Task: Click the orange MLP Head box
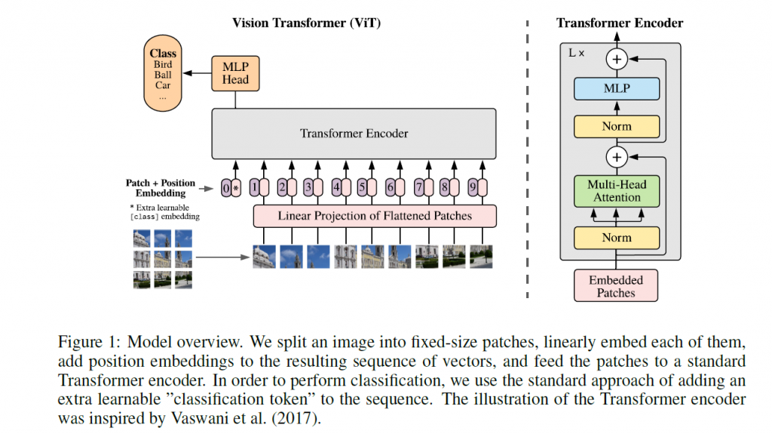tap(235, 73)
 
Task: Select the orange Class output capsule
tap(163, 73)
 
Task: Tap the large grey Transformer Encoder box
tap(354, 134)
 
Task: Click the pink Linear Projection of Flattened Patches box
tap(375, 216)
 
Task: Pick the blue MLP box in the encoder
tap(617, 89)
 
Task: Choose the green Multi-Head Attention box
tap(617, 192)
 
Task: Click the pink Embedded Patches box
tap(616, 285)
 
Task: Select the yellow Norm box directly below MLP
tap(617, 127)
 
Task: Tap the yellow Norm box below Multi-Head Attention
tap(617, 239)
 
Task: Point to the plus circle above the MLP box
tap(617, 59)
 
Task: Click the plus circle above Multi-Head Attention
tap(617, 157)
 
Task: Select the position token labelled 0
tap(226, 188)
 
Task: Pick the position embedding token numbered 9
tap(473, 187)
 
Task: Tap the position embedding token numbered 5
tap(362, 187)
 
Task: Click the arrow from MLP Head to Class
tap(197, 73)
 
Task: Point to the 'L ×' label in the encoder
tap(576, 53)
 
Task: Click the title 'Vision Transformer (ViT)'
tap(306, 23)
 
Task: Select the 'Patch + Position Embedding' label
tap(161, 188)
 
